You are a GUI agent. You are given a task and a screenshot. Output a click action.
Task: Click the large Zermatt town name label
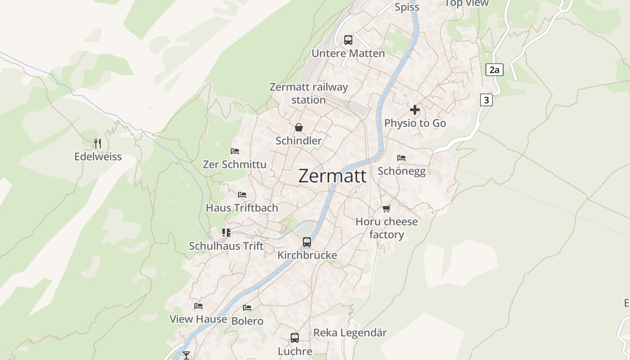333,176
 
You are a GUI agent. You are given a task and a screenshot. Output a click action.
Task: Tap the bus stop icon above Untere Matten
348,40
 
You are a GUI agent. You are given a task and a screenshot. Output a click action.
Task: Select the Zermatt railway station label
309,93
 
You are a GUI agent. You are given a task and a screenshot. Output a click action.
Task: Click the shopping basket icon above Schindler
298,128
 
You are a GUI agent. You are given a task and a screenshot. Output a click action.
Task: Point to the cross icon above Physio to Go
415,110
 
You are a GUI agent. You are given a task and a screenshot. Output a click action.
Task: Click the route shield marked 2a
494,70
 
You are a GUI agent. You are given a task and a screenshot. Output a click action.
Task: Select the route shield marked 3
486,99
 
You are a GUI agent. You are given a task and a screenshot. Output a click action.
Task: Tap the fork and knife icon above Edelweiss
98,144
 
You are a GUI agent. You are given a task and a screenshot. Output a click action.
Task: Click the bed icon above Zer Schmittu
235,151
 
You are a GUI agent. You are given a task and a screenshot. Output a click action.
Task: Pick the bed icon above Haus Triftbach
242,195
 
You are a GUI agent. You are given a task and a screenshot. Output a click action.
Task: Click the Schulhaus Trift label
226,246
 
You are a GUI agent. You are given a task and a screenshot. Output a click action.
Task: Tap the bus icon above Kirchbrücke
307,242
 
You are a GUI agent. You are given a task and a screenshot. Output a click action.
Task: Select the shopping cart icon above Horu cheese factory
386,208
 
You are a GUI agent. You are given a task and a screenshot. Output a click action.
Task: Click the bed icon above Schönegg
401,158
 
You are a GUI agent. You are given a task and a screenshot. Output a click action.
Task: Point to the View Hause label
198,319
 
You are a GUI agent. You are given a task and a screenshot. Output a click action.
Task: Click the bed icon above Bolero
247,308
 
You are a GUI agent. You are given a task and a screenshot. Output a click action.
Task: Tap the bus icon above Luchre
295,337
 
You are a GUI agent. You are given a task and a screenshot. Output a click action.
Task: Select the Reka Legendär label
350,333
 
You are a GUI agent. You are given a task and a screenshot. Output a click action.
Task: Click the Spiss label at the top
407,7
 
